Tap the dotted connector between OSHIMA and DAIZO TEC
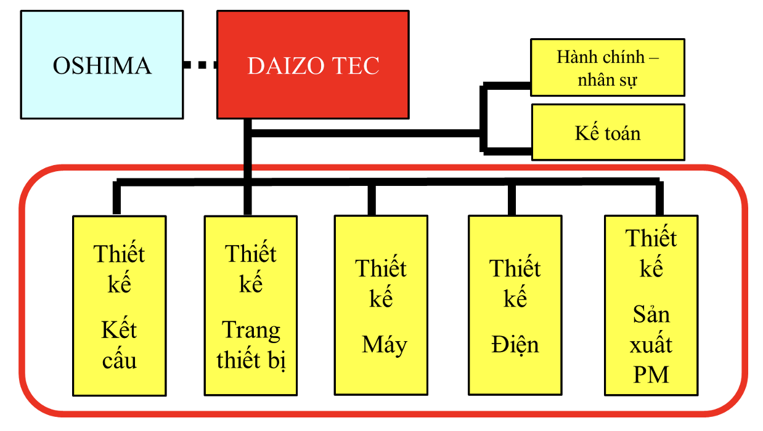pyautogui.click(x=200, y=65)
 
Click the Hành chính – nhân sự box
pyautogui.click(x=607, y=68)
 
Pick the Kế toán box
pyautogui.click(x=607, y=132)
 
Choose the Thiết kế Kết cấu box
pyautogui.click(x=119, y=305)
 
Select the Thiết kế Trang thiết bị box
pyautogui.click(x=250, y=305)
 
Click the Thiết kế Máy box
pyautogui.click(x=381, y=305)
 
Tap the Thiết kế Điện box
pyautogui.click(x=515, y=305)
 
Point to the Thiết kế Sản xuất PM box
pyautogui.click(x=650, y=305)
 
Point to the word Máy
pyautogui.click(x=385, y=345)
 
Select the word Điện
pyautogui.click(x=515, y=345)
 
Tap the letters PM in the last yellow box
pyautogui.click(x=651, y=374)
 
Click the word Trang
pyautogui.click(x=251, y=331)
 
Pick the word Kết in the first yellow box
pyautogui.click(x=119, y=331)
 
